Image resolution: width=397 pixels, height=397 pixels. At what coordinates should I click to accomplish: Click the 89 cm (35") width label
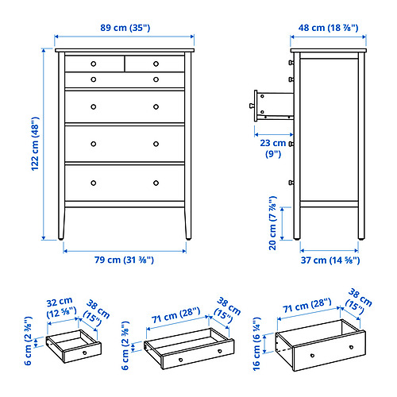[x=125, y=28]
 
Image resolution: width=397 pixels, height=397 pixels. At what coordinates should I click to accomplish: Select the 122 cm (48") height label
[x=34, y=145]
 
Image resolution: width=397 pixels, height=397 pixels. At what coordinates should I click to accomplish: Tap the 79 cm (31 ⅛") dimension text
[x=125, y=259]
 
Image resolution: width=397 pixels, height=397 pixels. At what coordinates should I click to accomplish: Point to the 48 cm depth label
[x=326, y=28]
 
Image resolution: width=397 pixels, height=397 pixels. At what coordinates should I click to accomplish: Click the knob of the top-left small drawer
[x=93, y=63]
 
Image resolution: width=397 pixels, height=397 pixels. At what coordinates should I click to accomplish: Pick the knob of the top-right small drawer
[x=156, y=63]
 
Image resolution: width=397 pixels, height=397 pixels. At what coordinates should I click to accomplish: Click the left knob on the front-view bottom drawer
[x=93, y=183]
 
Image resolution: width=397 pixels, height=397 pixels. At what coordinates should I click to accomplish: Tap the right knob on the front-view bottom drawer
[x=156, y=183]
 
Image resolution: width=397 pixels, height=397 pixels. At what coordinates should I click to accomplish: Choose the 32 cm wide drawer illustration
[x=74, y=347]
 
